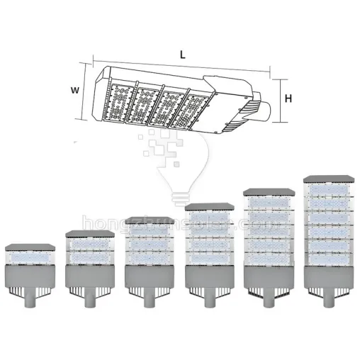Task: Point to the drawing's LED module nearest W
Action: tap(118, 99)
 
